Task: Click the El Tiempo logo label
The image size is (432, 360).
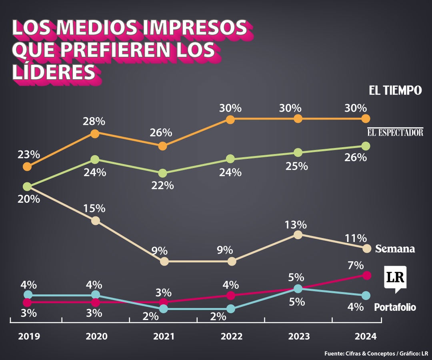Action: tap(395, 91)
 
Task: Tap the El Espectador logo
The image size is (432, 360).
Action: tap(395, 132)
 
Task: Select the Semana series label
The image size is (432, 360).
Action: tap(395, 249)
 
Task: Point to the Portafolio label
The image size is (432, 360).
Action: tap(395, 307)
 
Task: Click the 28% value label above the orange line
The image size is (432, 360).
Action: tap(95, 121)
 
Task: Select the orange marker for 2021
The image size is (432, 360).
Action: tap(162, 146)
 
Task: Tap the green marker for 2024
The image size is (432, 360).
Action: tap(365, 146)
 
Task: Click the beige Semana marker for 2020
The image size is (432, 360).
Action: tap(95, 220)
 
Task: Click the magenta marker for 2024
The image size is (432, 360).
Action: tap(366, 275)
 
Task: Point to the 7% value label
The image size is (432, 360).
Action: tap(356, 265)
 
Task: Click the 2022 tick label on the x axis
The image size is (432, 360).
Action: tap(231, 336)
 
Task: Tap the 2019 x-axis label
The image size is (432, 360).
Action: tap(29, 336)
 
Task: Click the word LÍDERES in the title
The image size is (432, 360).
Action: tap(54, 72)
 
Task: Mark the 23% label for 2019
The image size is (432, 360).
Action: tap(28, 154)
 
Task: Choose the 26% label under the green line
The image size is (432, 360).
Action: tap(356, 158)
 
